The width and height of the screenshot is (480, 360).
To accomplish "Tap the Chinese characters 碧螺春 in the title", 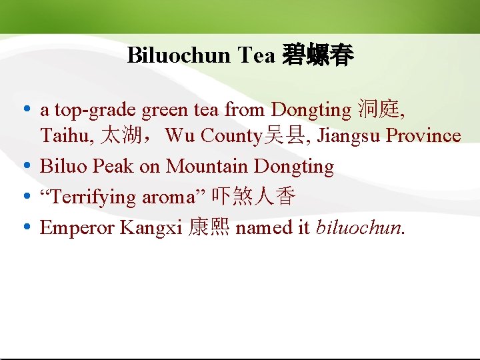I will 318,55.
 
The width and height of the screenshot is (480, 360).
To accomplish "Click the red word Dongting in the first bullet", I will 311,109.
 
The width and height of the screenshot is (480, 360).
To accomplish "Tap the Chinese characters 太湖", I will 119,136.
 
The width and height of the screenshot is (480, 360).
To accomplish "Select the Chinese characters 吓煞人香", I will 253,197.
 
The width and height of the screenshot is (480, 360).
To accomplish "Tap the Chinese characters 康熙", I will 209,228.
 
